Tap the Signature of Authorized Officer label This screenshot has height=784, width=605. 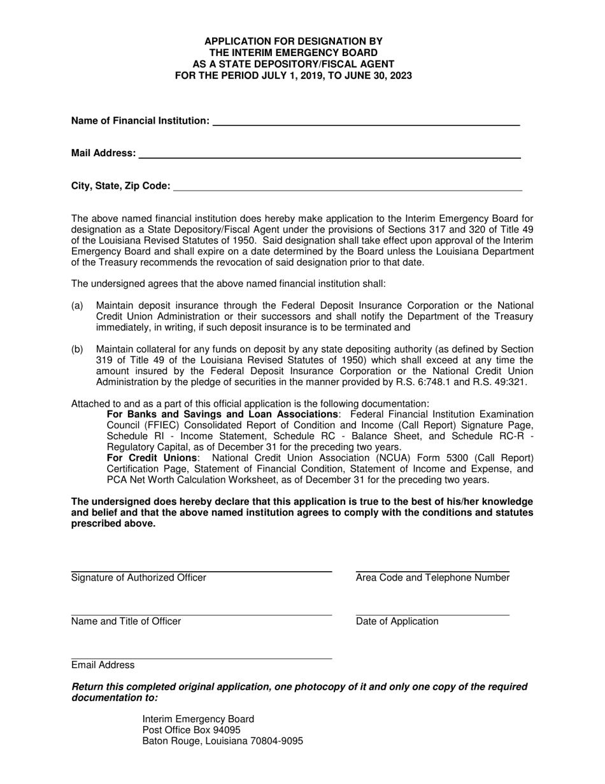pos(139,577)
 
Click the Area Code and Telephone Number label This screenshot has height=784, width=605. pos(432,577)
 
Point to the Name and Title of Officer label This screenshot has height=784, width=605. pos(126,621)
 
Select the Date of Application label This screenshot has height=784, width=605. pos(397,621)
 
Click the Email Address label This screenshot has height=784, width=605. pos(103,665)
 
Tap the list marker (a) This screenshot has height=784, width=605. pos(77,305)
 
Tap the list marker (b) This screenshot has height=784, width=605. pos(77,349)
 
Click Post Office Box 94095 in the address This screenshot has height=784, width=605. pos(191,730)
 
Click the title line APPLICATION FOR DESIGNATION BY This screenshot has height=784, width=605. pos(294,41)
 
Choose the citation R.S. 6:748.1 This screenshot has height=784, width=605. pos(394,382)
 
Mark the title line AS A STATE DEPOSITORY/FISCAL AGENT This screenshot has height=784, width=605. pos(294,64)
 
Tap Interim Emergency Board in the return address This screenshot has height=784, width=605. pos(198,718)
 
